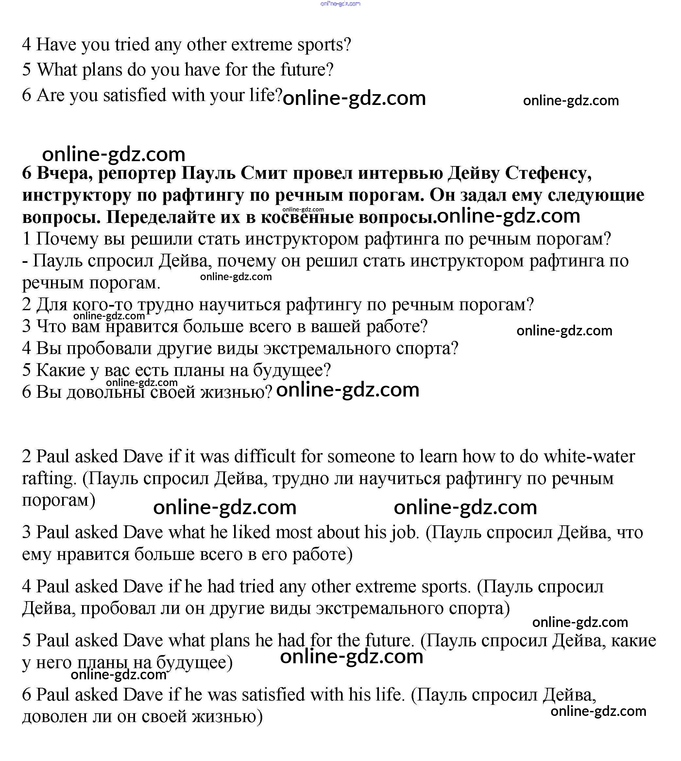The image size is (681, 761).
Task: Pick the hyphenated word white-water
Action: [589, 456]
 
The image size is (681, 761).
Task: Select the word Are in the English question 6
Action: [51, 95]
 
